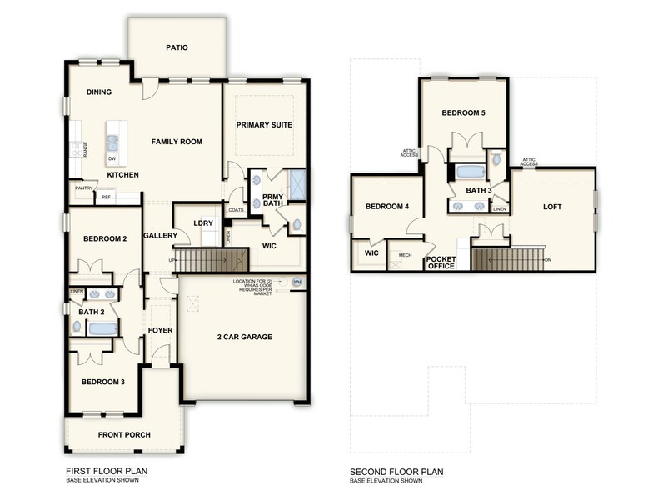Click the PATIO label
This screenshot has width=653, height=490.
[x=176, y=47]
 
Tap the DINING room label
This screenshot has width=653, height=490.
[x=100, y=92]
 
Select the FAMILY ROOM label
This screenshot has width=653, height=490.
[x=177, y=142]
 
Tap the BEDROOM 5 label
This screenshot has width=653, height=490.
[x=463, y=112]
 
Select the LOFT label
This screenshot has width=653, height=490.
[x=553, y=206]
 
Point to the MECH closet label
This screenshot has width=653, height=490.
[x=406, y=255]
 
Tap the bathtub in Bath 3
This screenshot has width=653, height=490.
[x=471, y=172]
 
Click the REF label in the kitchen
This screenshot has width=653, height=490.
[x=106, y=197]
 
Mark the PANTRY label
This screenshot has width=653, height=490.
[x=83, y=188]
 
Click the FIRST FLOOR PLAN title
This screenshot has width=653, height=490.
[x=101, y=472]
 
